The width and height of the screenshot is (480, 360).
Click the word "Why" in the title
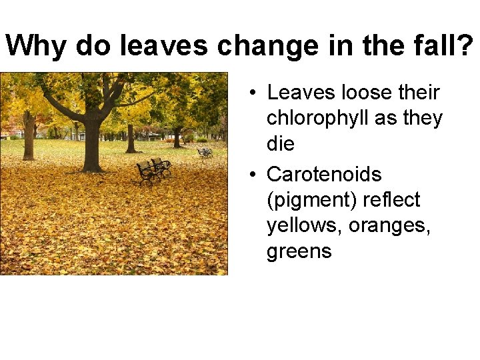click(x=37, y=45)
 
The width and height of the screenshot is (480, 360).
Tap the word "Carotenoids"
click(x=324, y=175)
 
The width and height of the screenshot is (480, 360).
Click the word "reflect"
click(x=391, y=200)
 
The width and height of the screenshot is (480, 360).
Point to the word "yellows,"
click(x=305, y=226)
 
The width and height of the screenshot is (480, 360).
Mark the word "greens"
click(x=299, y=251)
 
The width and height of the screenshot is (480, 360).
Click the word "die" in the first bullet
click(x=280, y=143)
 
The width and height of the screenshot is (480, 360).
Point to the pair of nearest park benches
click(x=153, y=169)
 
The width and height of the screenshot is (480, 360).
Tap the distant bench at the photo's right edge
click(x=205, y=152)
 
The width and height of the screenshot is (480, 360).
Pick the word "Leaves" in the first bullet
click(x=297, y=93)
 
